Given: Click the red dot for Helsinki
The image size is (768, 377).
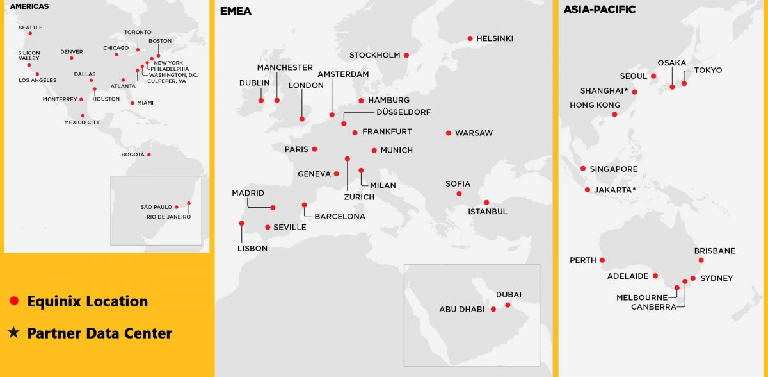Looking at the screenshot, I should pos(470,38).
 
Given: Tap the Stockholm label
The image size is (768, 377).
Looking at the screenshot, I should pos(374,55).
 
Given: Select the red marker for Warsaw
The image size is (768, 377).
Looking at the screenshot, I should pos(449,133).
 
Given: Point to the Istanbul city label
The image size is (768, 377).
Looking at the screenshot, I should pos(487,212).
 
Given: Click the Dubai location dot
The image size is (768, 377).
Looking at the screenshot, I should pos(508,305).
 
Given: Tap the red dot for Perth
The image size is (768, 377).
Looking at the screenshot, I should pos(602,260).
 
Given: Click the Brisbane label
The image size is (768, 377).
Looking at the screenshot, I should pos(714,251).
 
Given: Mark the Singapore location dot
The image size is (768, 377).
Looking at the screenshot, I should pos(583,169).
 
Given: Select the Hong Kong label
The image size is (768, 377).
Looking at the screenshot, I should pos(595,105).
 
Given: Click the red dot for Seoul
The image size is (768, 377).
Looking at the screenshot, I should pos(653,76).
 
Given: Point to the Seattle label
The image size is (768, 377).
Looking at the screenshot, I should pos(30,28).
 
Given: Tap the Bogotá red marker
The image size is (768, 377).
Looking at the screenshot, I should pos(148,155).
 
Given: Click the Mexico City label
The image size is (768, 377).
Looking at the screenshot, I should pos(82,122).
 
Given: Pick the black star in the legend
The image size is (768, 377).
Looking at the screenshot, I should pos(13,333).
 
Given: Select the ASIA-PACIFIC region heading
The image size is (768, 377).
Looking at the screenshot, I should pos(599,10).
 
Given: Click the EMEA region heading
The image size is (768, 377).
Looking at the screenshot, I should pos(235,11).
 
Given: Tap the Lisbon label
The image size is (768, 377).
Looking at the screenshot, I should pos(252,248).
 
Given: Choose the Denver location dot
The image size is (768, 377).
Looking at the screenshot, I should pos(71,58).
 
